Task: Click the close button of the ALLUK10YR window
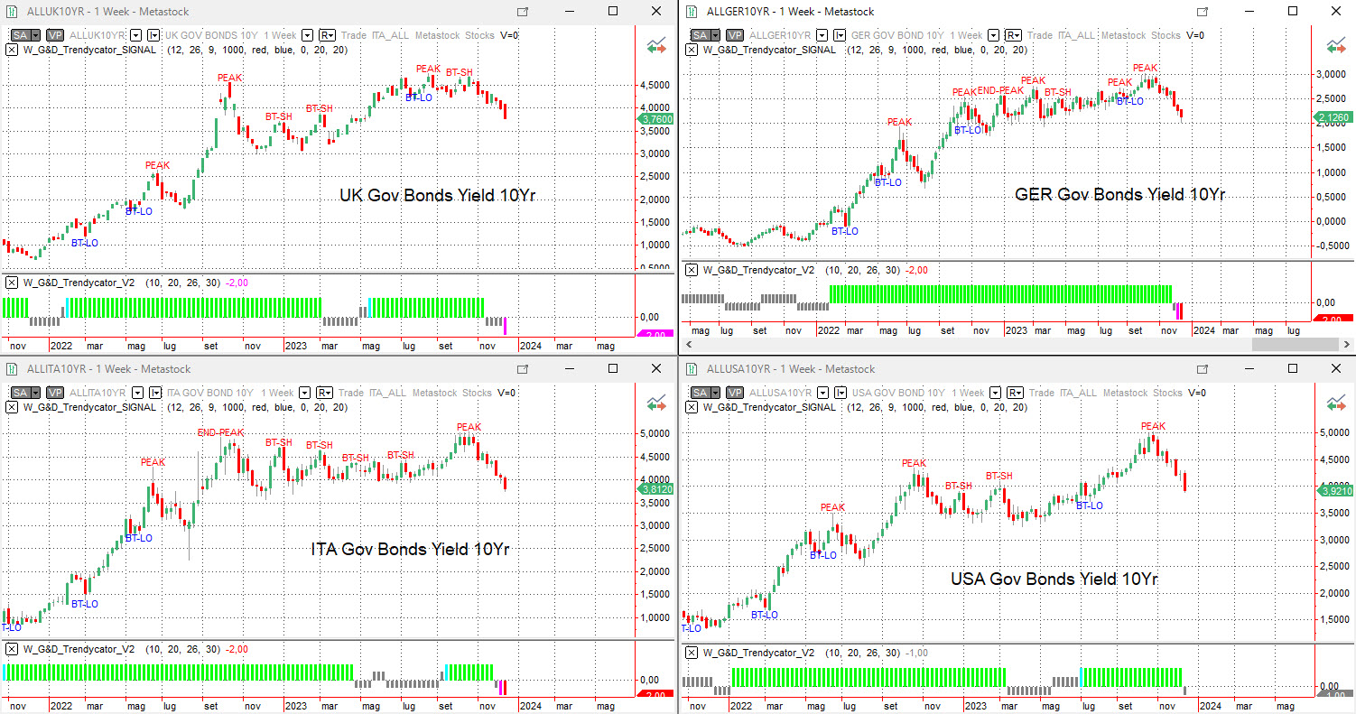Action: click(x=655, y=11)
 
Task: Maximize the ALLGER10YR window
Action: click(x=1293, y=11)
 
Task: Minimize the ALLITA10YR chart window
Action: click(x=569, y=368)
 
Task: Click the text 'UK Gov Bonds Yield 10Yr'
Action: click(x=438, y=195)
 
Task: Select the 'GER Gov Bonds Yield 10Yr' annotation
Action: click(x=1119, y=194)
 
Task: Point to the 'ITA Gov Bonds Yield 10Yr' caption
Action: click(x=410, y=549)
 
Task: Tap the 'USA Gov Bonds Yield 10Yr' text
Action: click(x=1054, y=579)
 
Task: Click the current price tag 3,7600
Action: click(x=655, y=118)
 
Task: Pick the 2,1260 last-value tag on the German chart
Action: click(x=1333, y=117)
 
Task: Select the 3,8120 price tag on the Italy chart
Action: click(x=655, y=488)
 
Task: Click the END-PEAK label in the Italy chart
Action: click(x=220, y=432)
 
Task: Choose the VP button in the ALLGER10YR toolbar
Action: click(x=735, y=35)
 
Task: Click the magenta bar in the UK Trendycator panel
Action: click(x=506, y=325)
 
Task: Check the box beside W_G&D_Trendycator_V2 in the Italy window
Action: click(x=12, y=649)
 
